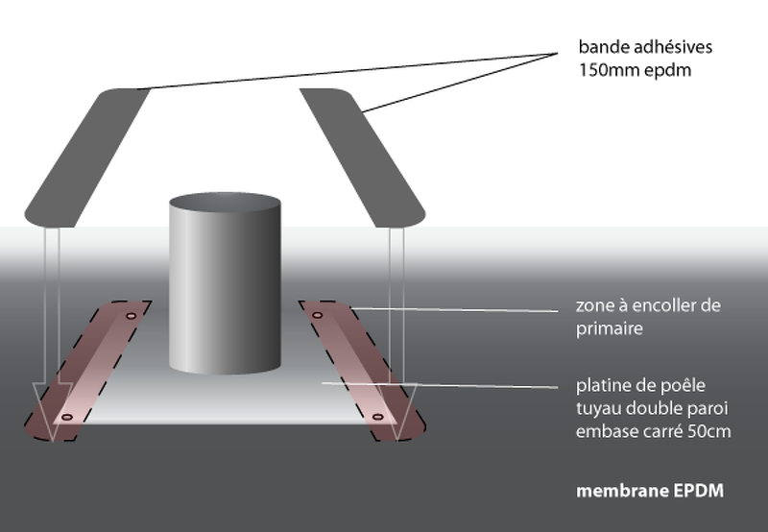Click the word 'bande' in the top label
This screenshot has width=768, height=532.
pyautogui.click(x=599, y=47)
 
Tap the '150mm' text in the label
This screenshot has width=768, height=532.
pyautogui.click(x=603, y=70)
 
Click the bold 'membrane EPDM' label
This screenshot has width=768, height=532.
pyautogui.click(x=649, y=492)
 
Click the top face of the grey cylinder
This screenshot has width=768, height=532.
pyautogui.click(x=225, y=205)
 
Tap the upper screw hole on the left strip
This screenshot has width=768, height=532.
pyautogui.click(x=132, y=316)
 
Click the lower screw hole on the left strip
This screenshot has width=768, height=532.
pyautogui.click(x=66, y=418)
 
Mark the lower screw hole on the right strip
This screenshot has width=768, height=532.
pyautogui.click(x=377, y=418)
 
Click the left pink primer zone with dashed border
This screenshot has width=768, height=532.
pyautogui.click(x=91, y=370)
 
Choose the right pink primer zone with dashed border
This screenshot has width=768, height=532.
pyautogui.click(x=350, y=370)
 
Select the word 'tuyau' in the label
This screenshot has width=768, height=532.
pyautogui.click(x=597, y=408)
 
